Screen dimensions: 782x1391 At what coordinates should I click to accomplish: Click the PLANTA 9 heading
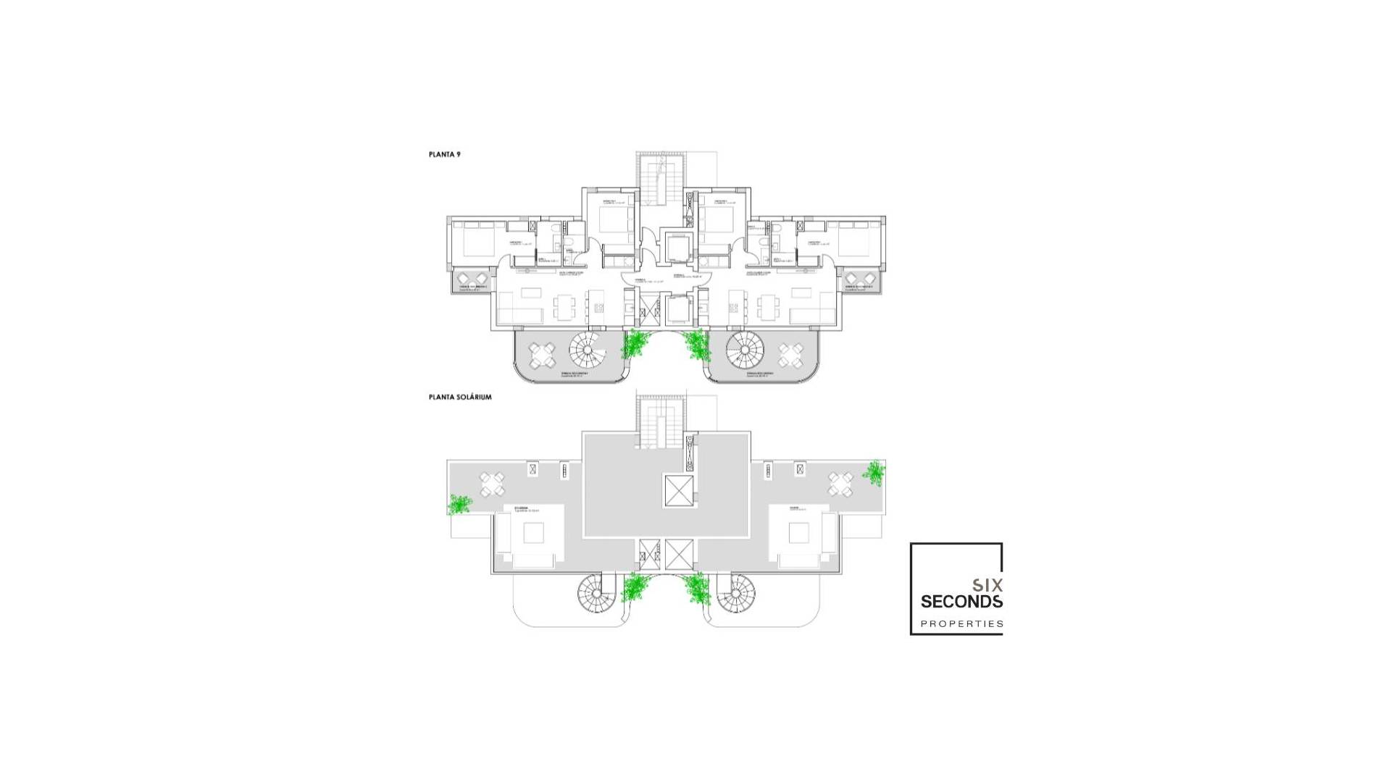444,154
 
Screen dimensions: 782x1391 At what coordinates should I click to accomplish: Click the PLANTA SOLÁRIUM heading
460,397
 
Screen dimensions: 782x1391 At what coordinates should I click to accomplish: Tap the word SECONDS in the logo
961,602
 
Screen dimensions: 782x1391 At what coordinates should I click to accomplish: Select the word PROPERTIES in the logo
961,623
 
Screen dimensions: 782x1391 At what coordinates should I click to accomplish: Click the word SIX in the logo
987,584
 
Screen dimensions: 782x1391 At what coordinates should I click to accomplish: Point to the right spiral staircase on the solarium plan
736,594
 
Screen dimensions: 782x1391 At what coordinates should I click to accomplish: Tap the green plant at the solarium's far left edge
459,504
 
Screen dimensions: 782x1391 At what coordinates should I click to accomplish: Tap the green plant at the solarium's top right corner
874,472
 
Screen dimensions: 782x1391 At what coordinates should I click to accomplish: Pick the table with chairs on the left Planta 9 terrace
541,356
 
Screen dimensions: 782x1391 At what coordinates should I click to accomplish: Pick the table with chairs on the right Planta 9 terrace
790,356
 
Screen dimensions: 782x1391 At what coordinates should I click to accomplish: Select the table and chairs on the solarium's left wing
492,484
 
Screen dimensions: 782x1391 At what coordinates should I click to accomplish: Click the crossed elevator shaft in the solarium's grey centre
679,492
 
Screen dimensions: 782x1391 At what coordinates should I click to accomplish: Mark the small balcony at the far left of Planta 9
472,281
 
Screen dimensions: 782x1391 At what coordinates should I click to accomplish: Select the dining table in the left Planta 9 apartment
565,308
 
